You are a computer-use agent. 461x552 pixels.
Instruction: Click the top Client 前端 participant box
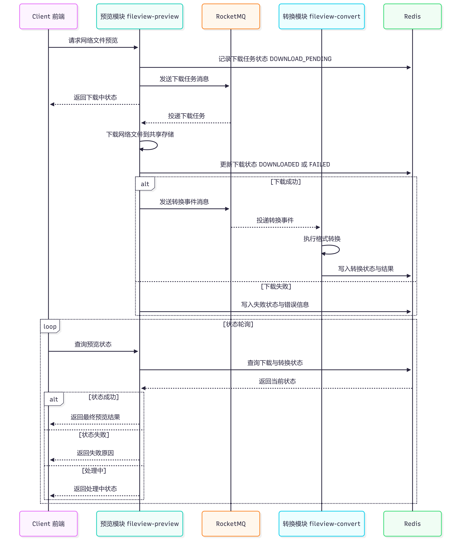point(48,16)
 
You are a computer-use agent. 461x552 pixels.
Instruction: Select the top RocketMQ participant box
point(231,16)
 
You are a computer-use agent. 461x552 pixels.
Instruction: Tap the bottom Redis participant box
point(412,524)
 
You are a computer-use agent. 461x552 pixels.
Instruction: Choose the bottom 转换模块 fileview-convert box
point(321,524)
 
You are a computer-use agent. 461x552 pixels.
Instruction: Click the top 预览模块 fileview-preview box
point(139,16)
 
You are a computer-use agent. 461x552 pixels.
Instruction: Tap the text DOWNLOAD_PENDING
point(301,59)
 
